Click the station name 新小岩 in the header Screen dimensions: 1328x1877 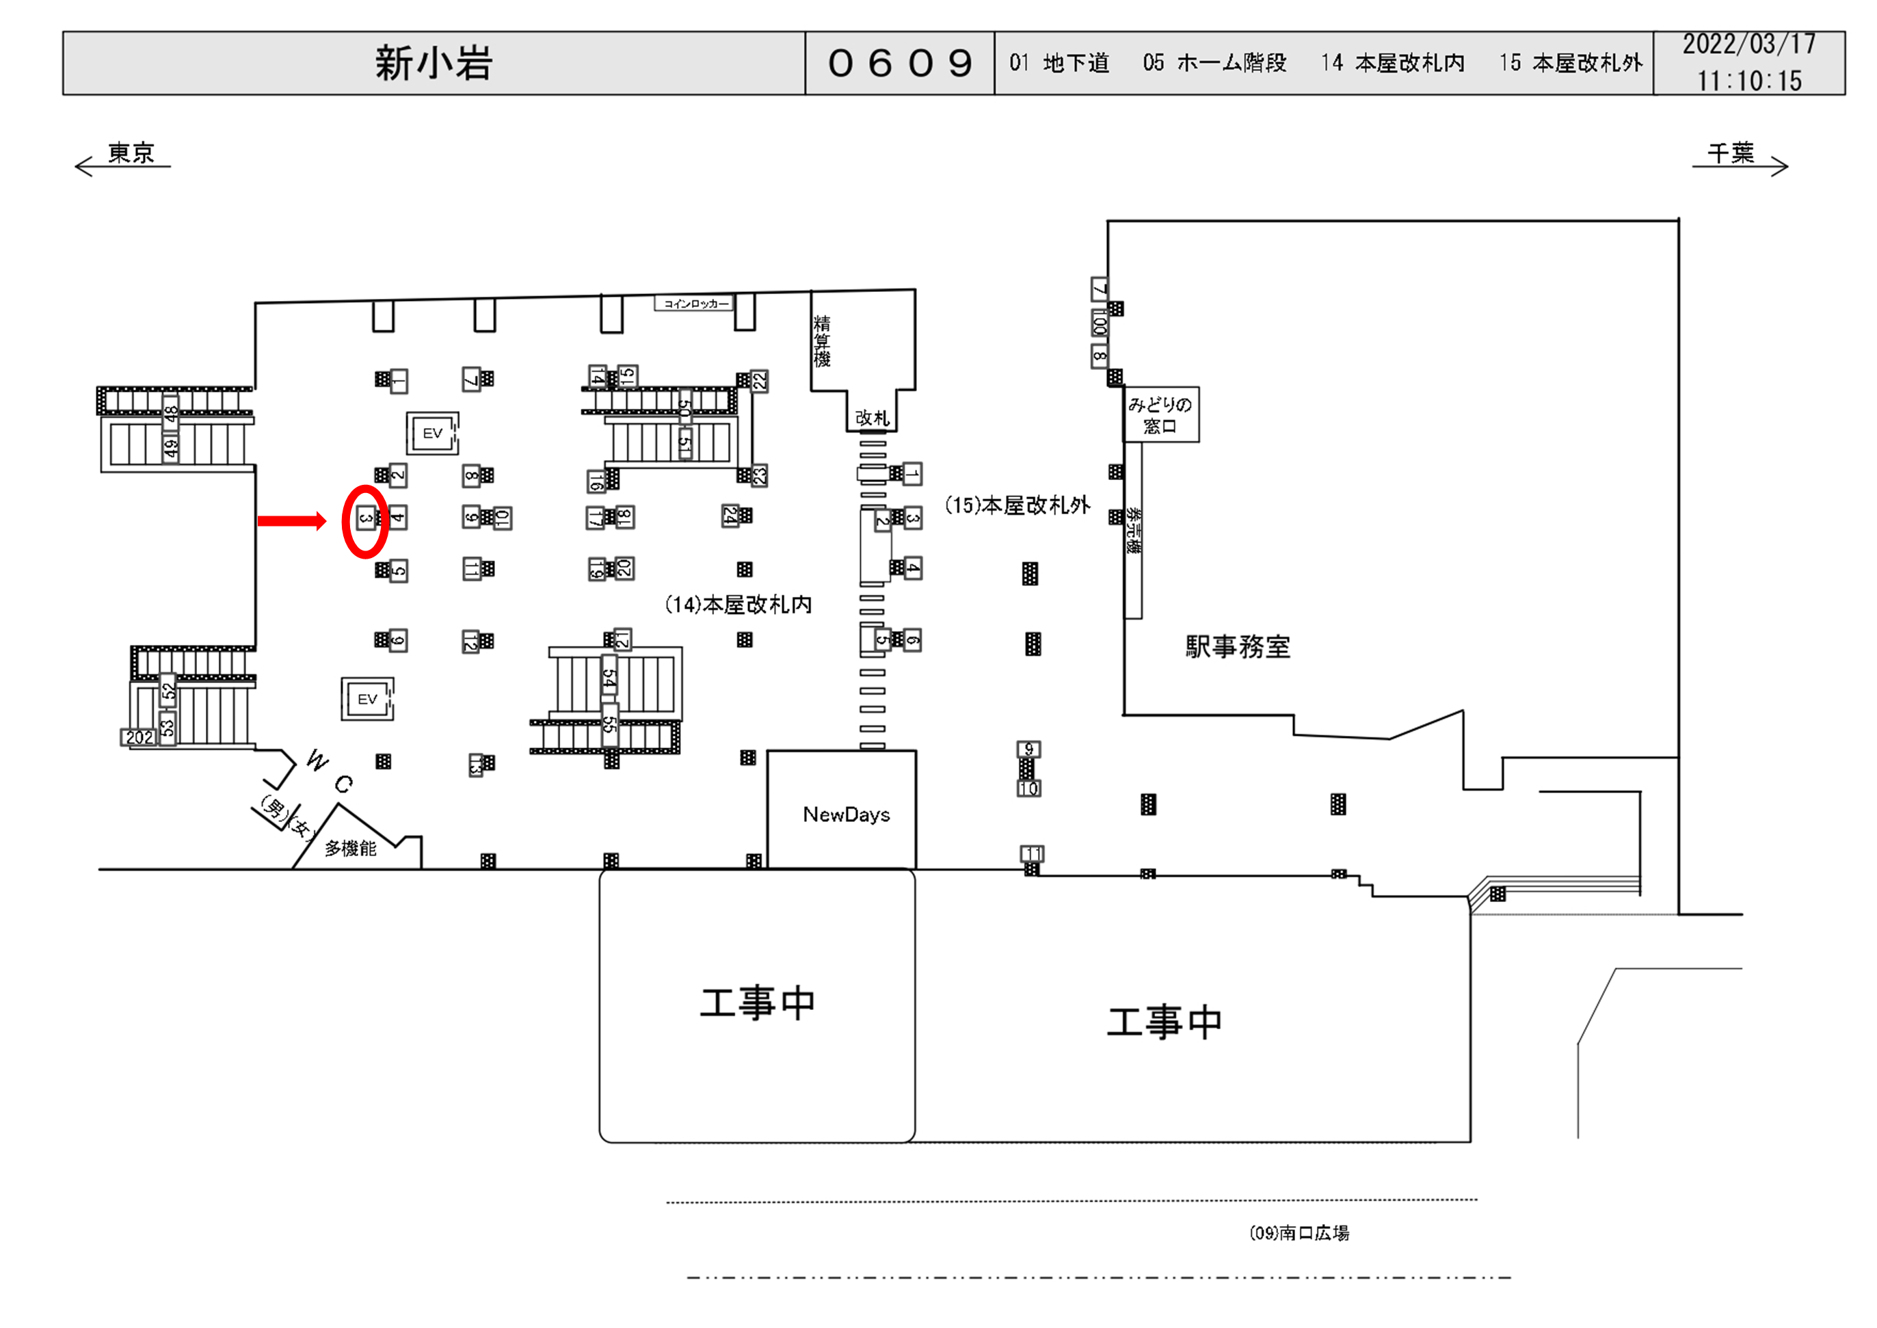tap(434, 63)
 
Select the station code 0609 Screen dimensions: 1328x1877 tap(899, 63)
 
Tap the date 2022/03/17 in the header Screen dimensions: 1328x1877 tap(1748, 44)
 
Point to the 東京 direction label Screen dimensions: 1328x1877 tap(131, 153)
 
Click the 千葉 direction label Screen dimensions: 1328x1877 tap(1731, 153)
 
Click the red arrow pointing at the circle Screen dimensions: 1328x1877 tap(292, 521)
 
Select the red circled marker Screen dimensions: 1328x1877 tap(364, 521)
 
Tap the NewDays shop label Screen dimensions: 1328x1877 tap(846, 814)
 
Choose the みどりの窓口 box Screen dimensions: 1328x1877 tap(1160, 414)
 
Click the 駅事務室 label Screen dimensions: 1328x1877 tap(1238, 647)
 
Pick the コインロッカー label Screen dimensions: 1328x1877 tap(695, 304)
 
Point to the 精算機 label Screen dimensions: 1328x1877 tap(822, 341)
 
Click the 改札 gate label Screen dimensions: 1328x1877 tap(871, 418)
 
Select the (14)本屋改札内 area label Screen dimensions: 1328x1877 tap(738, 605)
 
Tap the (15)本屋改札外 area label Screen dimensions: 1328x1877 tap(1017, 505)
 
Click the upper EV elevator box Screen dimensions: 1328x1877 tap(432, 434)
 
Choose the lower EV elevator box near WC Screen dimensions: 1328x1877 tap(367, 699)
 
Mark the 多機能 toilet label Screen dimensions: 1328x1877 tap(351, 848)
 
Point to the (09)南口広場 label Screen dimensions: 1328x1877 tap(1299, 1233)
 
